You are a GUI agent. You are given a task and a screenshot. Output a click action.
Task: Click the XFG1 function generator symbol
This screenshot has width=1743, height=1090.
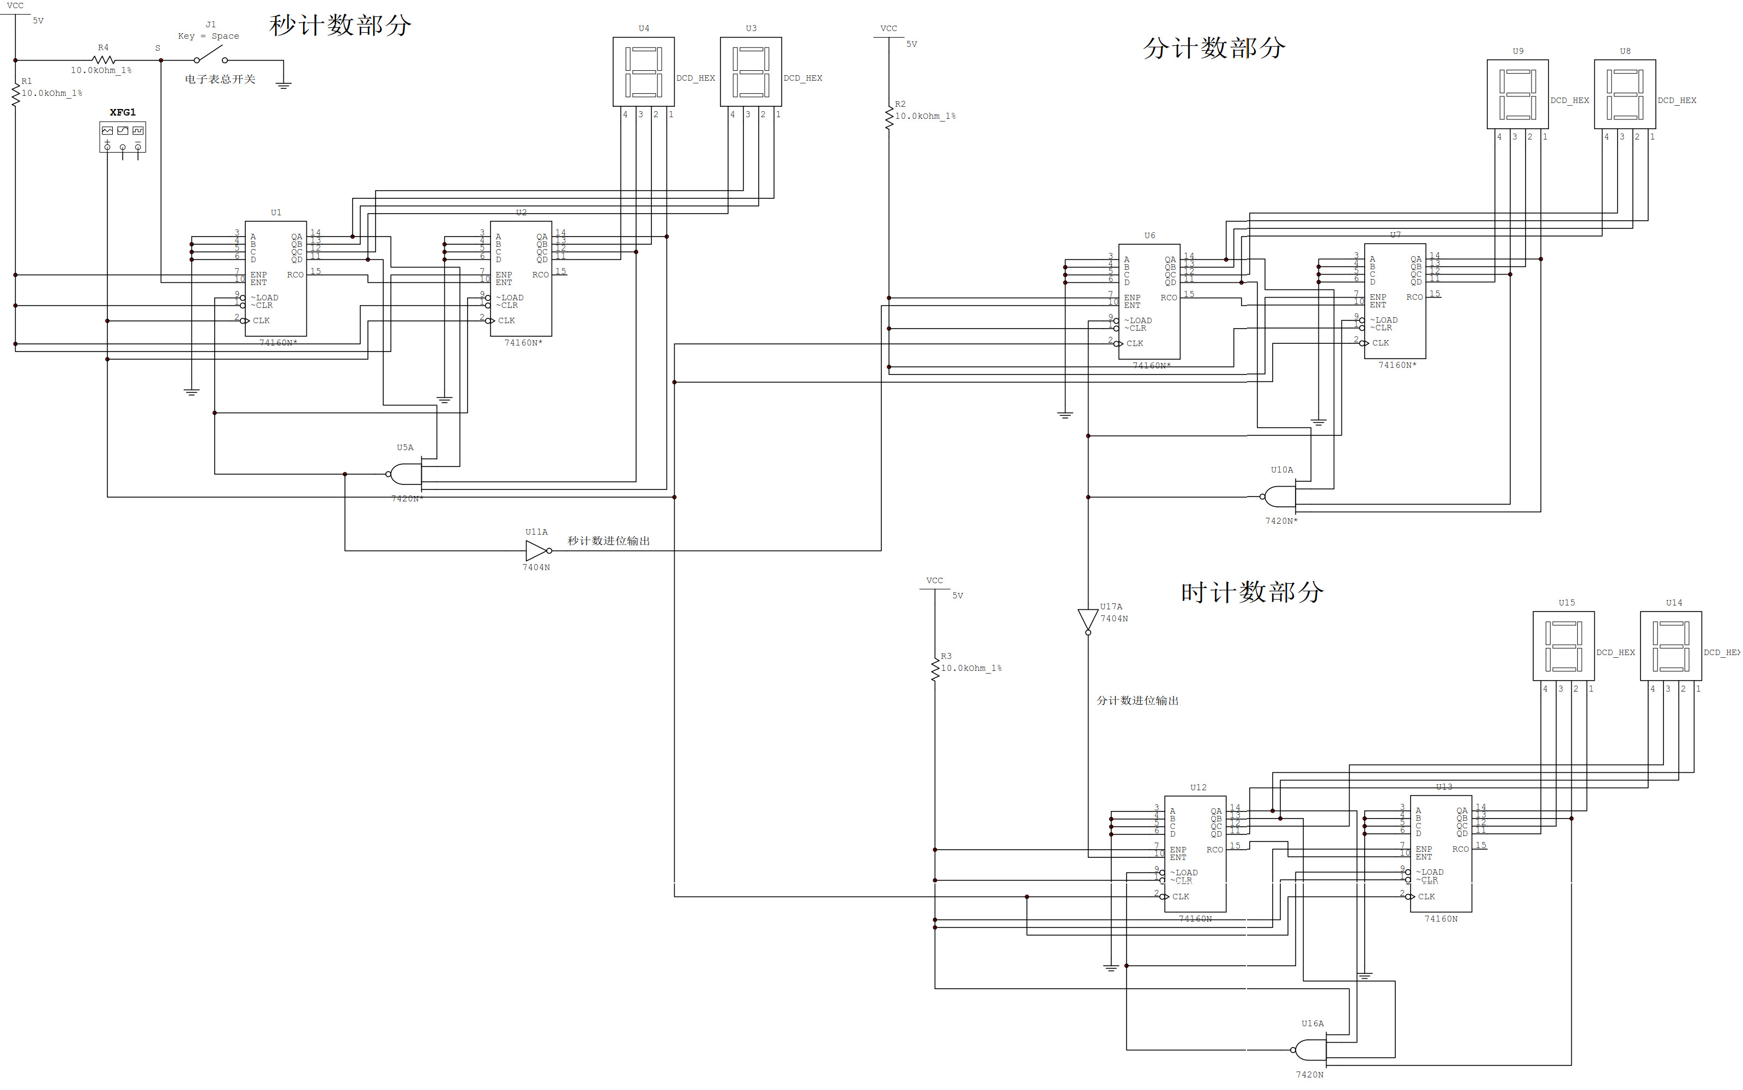pos(123,136)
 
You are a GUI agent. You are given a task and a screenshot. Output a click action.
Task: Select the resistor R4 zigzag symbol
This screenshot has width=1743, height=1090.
pos(103,60)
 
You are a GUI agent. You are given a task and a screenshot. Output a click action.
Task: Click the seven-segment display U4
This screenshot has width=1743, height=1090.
pos(644,71)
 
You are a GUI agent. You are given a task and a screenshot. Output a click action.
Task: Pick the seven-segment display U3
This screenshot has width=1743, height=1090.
pos(751,71)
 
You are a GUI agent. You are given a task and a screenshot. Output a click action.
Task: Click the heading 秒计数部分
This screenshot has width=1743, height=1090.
pos(340,25)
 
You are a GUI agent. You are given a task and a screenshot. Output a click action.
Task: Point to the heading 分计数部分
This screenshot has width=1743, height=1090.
pos(1214,49)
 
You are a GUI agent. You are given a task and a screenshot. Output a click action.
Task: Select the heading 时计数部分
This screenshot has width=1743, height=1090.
pos(1252,592)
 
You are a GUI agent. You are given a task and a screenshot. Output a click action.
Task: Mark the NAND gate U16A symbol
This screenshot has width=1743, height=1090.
pos(1310,1049)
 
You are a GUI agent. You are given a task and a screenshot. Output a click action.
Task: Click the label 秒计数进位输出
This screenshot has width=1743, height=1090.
pos(608,541)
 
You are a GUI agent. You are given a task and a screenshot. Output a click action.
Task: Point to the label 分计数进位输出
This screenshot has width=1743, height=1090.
pos(1137,700)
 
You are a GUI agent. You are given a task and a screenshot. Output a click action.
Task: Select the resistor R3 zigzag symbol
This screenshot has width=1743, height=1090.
pos(935,668)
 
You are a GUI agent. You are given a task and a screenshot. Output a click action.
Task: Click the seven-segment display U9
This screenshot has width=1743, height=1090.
pos(1517,94)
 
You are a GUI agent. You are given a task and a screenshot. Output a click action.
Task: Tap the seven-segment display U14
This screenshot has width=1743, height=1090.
pos(1671,646)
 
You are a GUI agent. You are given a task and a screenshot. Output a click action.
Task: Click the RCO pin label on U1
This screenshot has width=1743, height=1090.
pos(295,275)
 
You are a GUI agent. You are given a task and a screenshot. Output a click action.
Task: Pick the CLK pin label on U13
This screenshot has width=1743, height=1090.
pos(1426,897)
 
